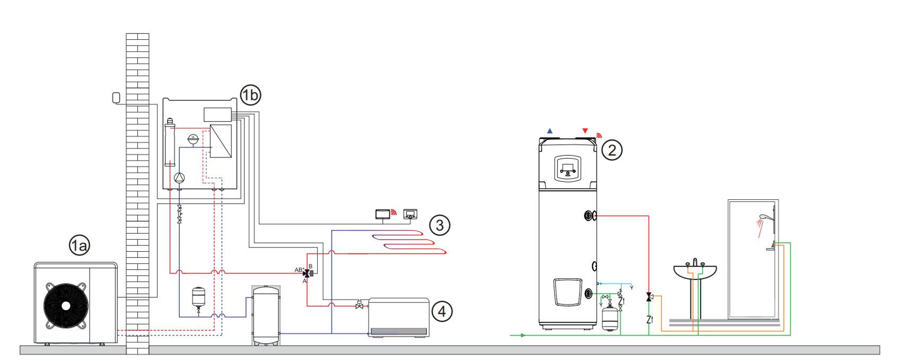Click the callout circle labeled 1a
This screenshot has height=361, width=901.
click(x=79, y=245)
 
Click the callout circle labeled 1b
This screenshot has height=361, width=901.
click(x=250, y=95)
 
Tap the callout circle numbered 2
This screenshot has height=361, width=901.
click(x=611, y=150)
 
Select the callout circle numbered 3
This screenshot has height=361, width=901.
click(x=439, y=225)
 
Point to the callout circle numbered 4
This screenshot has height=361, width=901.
click(x=442, y=311)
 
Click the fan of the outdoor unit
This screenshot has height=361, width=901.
click(x=66, y=306)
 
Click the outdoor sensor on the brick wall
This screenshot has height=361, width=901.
click(x=116, y=98)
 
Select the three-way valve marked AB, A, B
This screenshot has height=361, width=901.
click(x=307, y=273)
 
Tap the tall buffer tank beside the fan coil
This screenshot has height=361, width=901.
click(x=266, y=315)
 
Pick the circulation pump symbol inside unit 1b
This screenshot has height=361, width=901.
click(x=180, y=178)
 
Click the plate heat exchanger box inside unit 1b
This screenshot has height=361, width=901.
click(x=221, y=141)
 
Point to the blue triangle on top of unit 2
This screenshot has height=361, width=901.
click(x=550, y=131)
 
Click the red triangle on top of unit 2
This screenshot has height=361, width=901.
click(x=585, y=131)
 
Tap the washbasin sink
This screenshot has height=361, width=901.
click(x=695, y=271)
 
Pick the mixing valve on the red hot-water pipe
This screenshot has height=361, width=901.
click(x=649, y=297)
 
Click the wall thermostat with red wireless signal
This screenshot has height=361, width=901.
click(x=382, y=214)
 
